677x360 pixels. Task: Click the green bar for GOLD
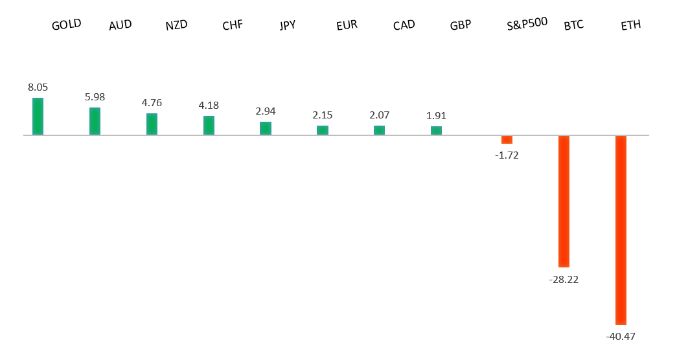(38, 117)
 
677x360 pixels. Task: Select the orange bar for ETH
(621, 230)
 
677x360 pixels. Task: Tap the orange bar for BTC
(564, 201)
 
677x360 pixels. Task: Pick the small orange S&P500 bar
(507, 140)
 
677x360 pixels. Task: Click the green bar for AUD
(95, 121)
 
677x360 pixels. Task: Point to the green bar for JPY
(266, 128)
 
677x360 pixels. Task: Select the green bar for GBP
(436, 131)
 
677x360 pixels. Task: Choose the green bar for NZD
(152, 124)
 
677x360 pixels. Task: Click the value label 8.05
(38, 87)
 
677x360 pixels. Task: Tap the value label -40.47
(621, 336)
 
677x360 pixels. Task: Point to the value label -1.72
(507, 155)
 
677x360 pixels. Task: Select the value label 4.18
(209, 105)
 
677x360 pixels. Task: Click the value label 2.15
(322, 115)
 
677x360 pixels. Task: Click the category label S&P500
(527, 23)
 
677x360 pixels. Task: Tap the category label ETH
(630, 26)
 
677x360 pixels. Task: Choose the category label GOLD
(66, 25)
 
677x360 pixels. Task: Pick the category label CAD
(404, 25)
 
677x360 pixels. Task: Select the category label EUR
(347, 26)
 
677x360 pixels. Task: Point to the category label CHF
(232, 26)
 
